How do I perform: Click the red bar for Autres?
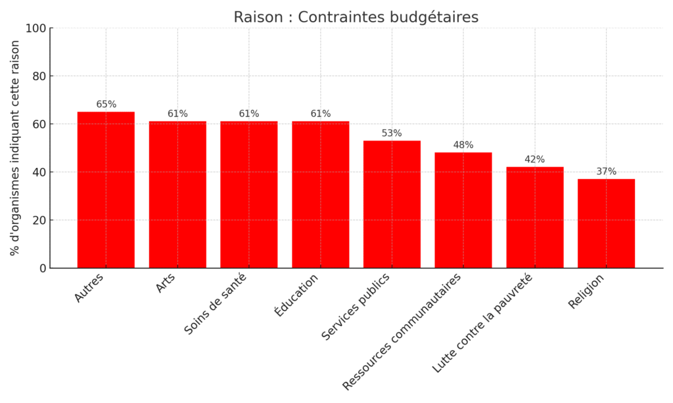tap(106, 190)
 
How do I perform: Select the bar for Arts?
tap(177, 194)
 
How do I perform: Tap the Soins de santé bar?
tap(248, 194)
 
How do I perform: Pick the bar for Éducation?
tap(321, 194)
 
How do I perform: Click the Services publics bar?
tap(392, 204)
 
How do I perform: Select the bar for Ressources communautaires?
tap(463, 210)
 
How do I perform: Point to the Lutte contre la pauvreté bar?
tap(535, 217)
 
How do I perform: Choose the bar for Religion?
tap(606, 223)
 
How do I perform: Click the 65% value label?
tap(106, 104)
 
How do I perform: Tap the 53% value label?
tap(392, 133)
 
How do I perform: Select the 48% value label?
tap(463, 145)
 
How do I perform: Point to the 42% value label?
tap(535, 159)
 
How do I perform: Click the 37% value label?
tap(606, 172)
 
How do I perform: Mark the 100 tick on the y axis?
tap(36, 28)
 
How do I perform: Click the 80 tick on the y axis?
tap(39, 76)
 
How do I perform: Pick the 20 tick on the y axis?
tap(39, 220)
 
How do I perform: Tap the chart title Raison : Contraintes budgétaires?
tap(356, 18)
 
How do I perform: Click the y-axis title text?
tap(15, 148)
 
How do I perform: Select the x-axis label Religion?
tap(587, 291)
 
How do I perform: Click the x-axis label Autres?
tap(89, 287)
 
